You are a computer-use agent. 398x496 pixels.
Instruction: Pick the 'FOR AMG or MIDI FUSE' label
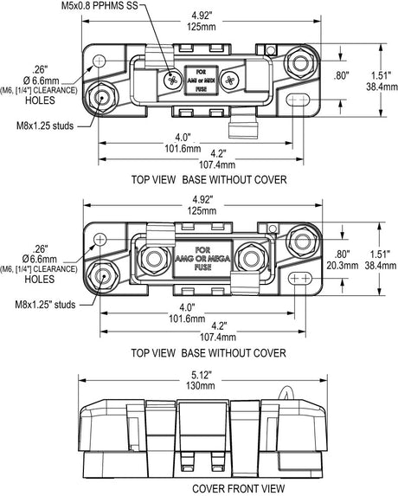point(202,79)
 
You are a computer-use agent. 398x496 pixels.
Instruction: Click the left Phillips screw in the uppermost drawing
point(170,79)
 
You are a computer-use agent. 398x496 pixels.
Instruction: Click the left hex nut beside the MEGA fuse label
point(157,258)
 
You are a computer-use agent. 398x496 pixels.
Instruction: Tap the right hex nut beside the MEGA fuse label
point(253,258)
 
